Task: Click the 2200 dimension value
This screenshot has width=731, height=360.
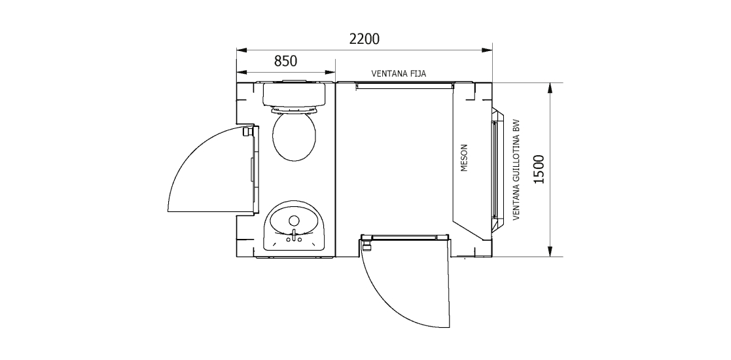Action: coord(364,39)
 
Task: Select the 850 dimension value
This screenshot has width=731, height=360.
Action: coord(285,61)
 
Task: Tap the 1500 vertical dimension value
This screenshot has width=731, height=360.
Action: coord(539,170)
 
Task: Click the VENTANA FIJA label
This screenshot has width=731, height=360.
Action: coord(399,74)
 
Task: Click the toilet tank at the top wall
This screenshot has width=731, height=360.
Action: coord(294,94)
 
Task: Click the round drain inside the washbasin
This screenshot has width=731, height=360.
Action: coord(294,220)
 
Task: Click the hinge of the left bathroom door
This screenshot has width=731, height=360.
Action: coord(247,132)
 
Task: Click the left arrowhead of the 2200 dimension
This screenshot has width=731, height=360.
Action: coord(241,49)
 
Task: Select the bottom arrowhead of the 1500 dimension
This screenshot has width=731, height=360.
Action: coord(552,253)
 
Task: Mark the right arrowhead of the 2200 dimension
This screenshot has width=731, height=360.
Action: coord(488,49)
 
